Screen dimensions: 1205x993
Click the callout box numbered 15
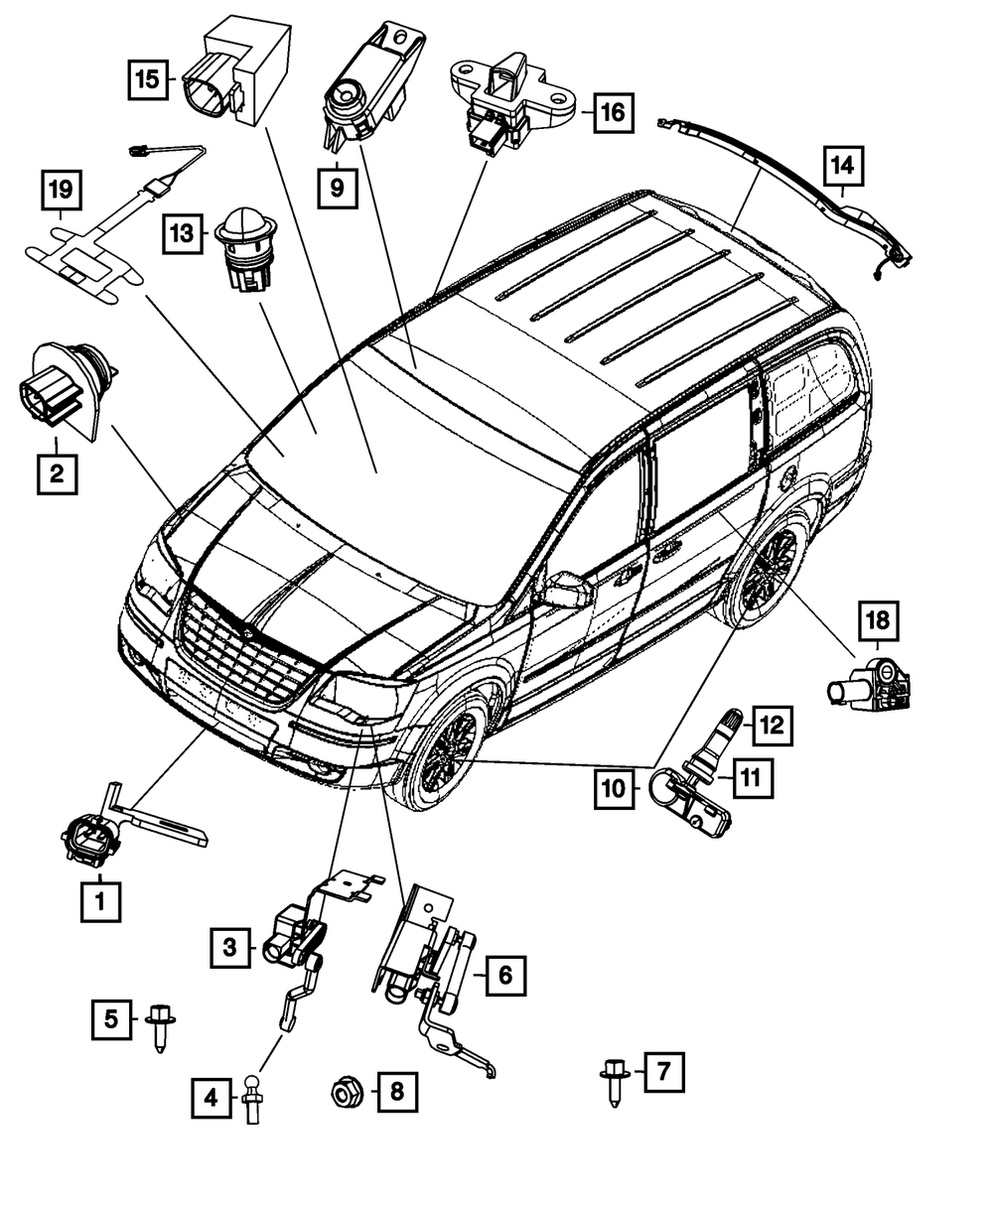[148, 78]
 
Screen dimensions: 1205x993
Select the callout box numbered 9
[338, 186]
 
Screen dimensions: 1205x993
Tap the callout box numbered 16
[613, 112]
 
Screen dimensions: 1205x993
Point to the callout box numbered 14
[842, 169]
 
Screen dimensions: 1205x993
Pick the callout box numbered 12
[773, 725]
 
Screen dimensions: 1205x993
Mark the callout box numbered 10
[615, 788]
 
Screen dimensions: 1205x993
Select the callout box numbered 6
[504, 977]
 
